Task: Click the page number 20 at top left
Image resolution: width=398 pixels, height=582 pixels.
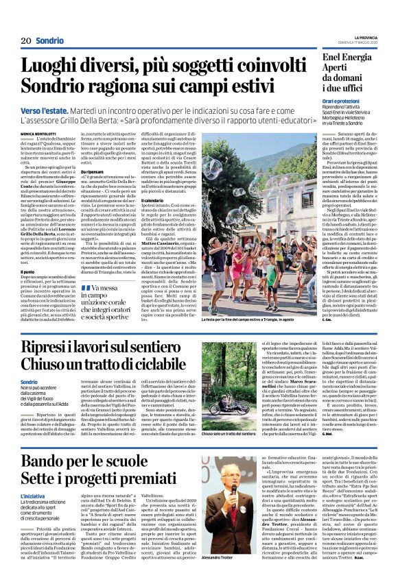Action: pyautogui.click(x=26, y=40)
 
